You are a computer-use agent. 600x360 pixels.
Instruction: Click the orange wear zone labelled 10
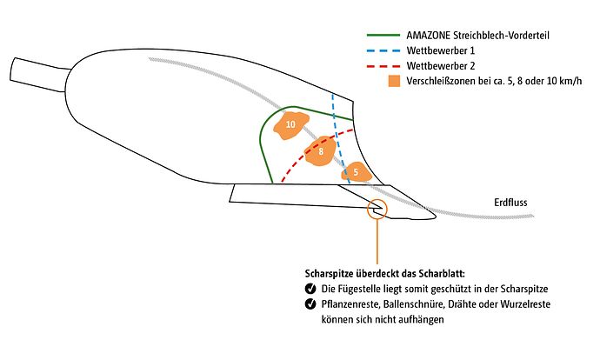pos(290,126)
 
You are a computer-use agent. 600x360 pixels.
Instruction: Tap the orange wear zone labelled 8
pos(322,151)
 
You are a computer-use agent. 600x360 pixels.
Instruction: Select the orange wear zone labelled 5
pos(356,172)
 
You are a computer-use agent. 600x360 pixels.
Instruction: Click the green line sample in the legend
pos(383,37)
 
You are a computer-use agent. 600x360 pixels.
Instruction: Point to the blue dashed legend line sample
pos(383,51)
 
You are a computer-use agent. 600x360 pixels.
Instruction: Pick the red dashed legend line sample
pos(383,67)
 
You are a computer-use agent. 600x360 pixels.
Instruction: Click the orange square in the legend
pos(395,83)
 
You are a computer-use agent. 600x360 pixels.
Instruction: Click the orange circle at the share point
pos(377,209)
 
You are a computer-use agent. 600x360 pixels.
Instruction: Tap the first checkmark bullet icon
pos(310,289)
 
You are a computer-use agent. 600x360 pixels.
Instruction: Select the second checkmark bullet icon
pos(310,304)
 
